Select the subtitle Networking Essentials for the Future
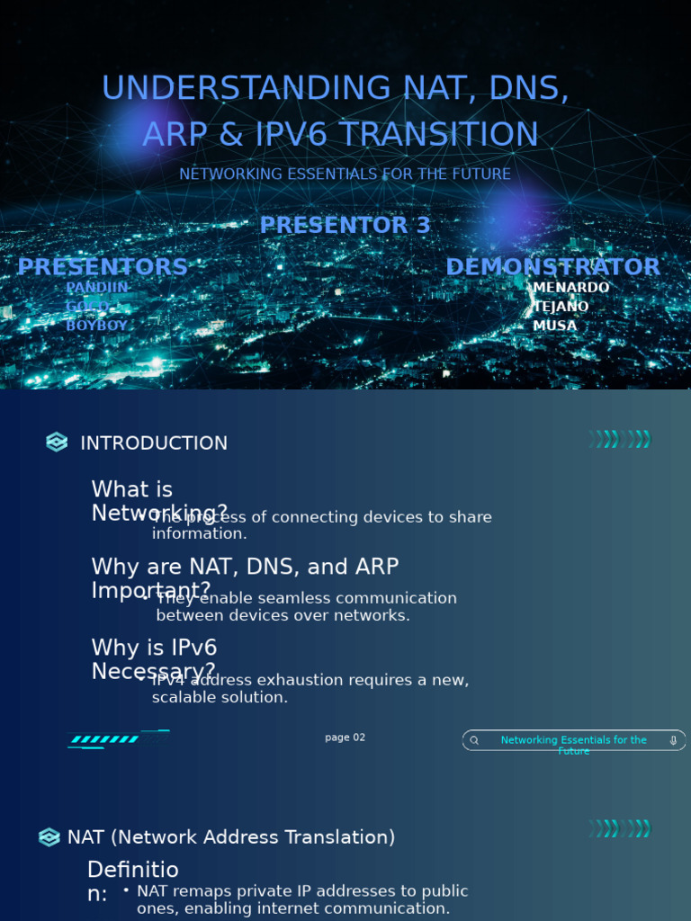345,174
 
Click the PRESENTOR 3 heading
345,225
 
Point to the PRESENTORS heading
103,267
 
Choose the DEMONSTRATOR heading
552,267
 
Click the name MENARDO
571,288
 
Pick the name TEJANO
561,307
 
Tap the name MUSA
554,326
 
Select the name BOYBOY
97,326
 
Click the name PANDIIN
97,288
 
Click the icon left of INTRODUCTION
57,443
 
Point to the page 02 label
345,738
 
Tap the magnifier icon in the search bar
474,740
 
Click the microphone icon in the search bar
673,740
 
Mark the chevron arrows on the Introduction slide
620,439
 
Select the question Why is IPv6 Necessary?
154,659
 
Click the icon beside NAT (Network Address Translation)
49,837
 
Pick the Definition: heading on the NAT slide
132,881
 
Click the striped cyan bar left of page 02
105,739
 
